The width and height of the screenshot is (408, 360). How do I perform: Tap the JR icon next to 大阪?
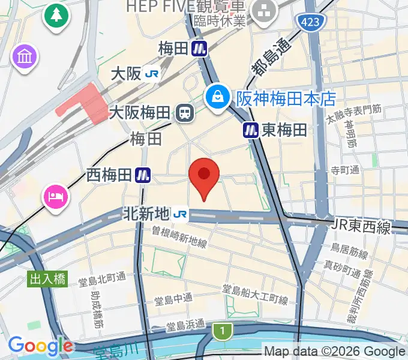click(x=152, y=73)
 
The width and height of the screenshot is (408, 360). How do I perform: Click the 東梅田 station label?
click(x=284, y=130)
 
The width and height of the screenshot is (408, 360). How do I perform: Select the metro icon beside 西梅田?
click(x=143, y=175)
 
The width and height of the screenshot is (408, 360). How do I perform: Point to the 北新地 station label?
click(x=146, y=213)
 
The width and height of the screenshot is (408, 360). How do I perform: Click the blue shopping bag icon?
click(x=217, y=96)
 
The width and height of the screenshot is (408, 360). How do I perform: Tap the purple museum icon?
click(x=25, y=58)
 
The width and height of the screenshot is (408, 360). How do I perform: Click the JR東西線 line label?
click(x=360, y=227)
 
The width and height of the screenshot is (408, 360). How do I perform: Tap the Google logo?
click(x=40, y=346)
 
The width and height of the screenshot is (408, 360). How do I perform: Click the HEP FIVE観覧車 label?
click(x=186, y=7)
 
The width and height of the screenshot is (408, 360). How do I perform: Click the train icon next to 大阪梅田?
click(x=184, y=112)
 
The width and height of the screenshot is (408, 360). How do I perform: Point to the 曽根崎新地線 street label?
click(x=179, y=236)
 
